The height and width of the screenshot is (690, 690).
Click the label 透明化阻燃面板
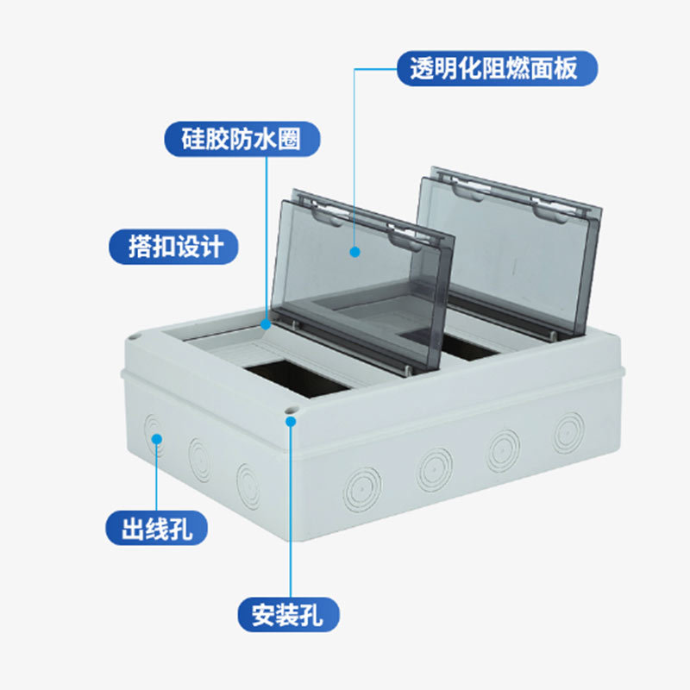pos(498,68)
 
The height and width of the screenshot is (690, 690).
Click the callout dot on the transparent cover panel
pos(354,251)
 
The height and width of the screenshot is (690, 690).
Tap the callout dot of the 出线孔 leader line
pos(157,438)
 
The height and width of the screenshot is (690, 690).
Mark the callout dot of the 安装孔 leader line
pos(292,422)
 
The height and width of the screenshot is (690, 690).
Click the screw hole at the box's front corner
pos(287,412)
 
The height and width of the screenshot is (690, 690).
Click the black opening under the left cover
pos(297,379)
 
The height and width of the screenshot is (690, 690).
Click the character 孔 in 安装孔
pos(319,614)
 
